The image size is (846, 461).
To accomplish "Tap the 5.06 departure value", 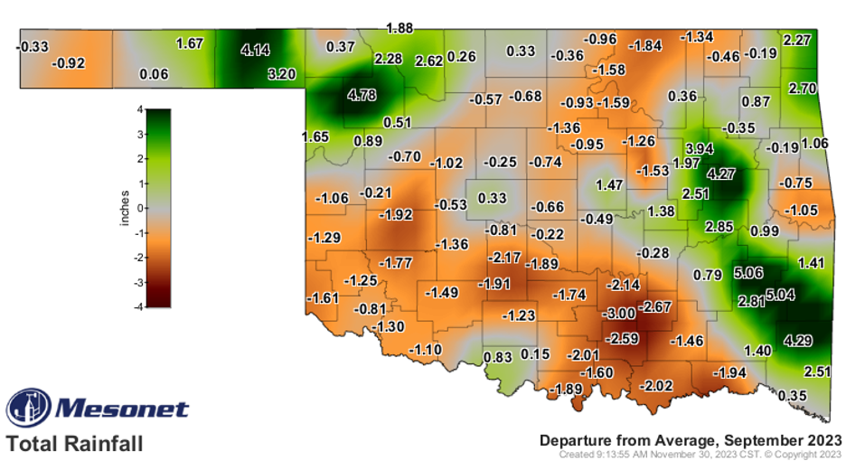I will pos(747,272).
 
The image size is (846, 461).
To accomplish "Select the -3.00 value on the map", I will pos(619,313).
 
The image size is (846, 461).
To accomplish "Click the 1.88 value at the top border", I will pos(399,28).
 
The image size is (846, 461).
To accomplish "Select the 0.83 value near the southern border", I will pos(498,356).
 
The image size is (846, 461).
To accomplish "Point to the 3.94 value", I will pos(700,147).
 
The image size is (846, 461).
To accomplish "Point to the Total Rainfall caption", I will pos(74,444).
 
